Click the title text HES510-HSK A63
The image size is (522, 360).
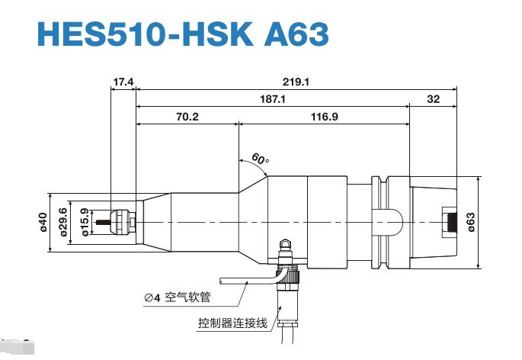182,35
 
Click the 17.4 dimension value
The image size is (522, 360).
123,81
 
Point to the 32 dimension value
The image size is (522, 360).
434,99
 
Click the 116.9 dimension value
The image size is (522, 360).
325,117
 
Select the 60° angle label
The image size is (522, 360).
260,159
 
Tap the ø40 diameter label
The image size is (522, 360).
43,222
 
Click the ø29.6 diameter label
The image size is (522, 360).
63,222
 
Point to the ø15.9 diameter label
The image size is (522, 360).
84,222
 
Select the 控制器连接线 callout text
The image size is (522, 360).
232,323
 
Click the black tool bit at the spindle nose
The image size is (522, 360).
114,223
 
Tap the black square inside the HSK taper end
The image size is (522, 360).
450,222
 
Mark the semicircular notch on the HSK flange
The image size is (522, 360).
389,221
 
